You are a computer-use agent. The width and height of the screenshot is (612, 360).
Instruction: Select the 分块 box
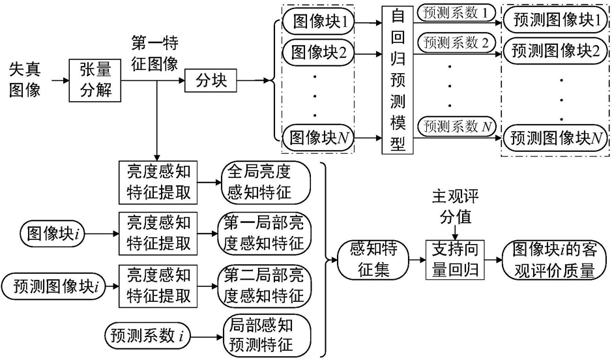(211, 81)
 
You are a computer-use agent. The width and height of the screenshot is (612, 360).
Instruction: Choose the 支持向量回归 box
(456, 259)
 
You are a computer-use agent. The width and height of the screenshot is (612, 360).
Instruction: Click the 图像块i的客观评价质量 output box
(555, 259)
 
